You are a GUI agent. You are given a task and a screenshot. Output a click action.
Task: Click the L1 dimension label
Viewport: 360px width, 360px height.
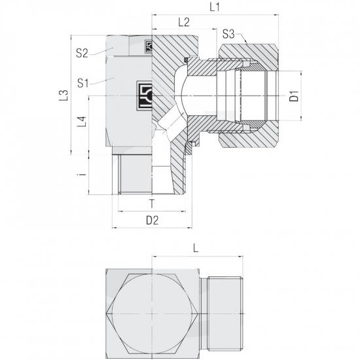[215, 8]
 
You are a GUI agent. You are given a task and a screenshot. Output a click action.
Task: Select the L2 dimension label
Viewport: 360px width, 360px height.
[184, 22]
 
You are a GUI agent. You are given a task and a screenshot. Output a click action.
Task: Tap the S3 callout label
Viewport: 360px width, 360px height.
[228, 34]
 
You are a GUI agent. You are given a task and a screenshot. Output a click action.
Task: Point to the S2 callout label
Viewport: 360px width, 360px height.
[82, 54]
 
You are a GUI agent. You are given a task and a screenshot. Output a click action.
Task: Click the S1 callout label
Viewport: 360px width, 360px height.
[83, 83]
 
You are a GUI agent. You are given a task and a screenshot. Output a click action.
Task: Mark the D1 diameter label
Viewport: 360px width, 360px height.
[295, 96]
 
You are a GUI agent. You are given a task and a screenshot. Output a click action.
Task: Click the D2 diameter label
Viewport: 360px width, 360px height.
[153, 221]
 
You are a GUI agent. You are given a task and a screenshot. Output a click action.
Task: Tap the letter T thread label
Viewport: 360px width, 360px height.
[152, 204]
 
